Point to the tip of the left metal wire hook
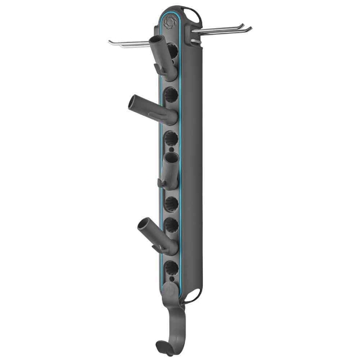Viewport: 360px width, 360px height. click(x=109, y=41)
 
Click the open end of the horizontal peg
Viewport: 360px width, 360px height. click(x=132, y=104)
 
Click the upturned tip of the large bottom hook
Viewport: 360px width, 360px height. click(x=158, y=346)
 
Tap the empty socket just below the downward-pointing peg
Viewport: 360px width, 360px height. click(x=170, y=203)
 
